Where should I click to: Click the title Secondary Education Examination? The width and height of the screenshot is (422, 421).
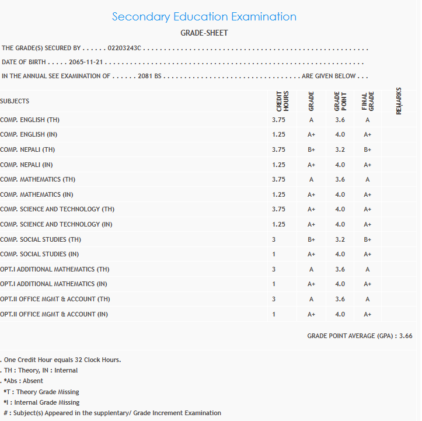point(204,17)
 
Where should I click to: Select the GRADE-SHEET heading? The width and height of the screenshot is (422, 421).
point(204,33)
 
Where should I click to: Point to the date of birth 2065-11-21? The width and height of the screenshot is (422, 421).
point(88,62)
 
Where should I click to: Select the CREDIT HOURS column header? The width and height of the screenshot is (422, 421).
point(283,101)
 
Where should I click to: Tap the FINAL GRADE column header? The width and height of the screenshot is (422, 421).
point(368,101)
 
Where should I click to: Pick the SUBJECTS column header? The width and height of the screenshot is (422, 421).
point(15,102)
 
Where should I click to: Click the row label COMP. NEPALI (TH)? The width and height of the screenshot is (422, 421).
point(27,150)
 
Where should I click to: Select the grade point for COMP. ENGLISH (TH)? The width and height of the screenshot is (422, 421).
point(340,120)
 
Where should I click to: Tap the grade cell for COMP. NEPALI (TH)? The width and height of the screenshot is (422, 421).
point(311,150)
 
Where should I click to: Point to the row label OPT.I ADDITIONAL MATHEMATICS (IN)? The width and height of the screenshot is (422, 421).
point(54,284)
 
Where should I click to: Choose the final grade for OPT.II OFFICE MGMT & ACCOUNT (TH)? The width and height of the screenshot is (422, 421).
point(367,300)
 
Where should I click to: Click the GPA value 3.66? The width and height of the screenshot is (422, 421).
point(406,336)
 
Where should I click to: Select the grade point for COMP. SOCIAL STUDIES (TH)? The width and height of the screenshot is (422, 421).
point(340,239)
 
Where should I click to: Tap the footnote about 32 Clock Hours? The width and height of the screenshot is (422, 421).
point(62,360)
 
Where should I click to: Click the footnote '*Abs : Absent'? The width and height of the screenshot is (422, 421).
point(23,381)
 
